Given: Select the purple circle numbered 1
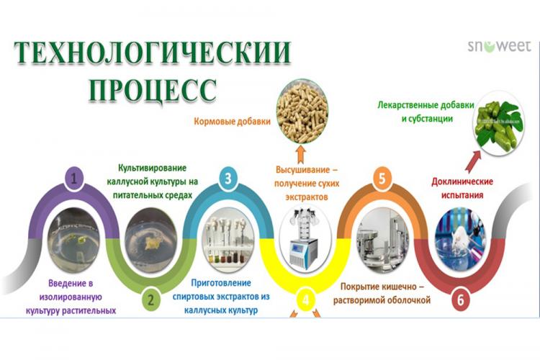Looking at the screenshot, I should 76,179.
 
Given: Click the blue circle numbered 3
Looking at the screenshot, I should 228,179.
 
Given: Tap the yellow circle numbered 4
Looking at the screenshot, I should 305,300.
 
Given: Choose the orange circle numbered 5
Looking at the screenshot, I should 381,179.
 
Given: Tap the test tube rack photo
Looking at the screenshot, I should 225,238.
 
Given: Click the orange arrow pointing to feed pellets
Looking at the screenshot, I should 302,154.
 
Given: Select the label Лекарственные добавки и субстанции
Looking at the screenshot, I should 425,111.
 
